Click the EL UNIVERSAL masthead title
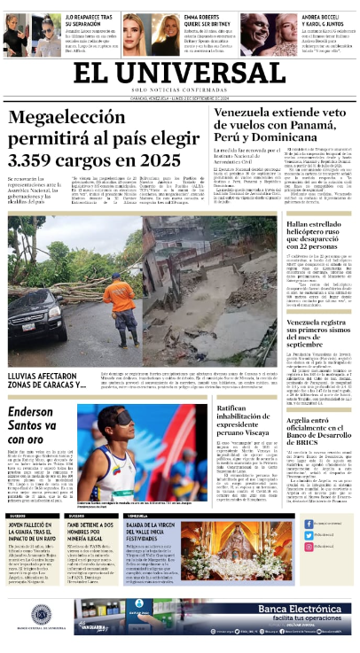pos(180,75)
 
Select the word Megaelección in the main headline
pos(67,117)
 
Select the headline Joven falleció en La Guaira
pos(33,532)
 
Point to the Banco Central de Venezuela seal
pos(41,613)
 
